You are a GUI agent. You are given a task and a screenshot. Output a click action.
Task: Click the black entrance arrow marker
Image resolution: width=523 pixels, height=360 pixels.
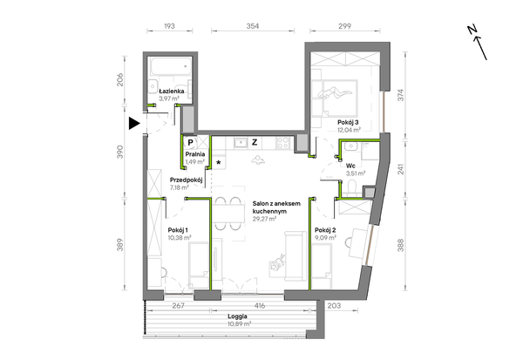(x=133, y=124)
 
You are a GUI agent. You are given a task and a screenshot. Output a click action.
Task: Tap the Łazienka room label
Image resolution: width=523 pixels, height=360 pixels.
(x=172, y=91)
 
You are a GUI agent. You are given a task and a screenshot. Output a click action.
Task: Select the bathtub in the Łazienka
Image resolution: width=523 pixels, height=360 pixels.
(x=171, y=67)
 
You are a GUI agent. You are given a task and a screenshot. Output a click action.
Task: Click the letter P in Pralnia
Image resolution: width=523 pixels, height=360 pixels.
(x=190, y=142)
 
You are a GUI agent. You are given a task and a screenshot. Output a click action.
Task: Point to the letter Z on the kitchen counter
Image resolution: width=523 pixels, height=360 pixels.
(x=255, y=142)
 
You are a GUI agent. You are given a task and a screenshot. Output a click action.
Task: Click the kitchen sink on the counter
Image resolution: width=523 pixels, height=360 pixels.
(x=241, y=143)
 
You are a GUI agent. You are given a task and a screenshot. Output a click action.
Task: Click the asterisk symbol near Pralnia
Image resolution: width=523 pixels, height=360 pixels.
(x=219, y=162)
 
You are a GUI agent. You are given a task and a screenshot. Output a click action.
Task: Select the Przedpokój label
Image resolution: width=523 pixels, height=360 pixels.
(x=187, y=180)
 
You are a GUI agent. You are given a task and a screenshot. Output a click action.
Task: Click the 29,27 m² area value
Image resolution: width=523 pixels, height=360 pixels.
(x=264, y=219)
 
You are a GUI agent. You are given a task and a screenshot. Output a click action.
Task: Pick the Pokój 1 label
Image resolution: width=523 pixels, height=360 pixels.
(x=178, y=230)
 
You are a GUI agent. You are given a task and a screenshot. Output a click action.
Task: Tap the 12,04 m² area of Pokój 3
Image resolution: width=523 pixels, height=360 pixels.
(x=349, y=130)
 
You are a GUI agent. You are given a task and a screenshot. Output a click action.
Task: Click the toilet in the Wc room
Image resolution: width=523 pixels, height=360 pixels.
(x=351, y=187)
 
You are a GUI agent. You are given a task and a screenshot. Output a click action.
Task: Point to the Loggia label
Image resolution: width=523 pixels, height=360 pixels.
(x=237, y=316)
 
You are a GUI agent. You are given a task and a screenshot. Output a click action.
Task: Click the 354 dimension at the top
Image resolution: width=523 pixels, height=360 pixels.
(x=253, y=26)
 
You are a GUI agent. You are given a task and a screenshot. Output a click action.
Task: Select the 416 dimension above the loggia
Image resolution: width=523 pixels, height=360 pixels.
(x=260, y=306)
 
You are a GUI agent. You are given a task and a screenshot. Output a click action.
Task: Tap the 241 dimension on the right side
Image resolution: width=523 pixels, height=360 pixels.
(x=401, y=169)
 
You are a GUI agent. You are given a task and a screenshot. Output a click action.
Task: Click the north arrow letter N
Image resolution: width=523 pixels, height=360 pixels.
(x=472, y=30)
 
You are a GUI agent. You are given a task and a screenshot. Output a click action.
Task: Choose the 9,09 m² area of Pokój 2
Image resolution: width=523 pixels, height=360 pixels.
(x=325, y=238)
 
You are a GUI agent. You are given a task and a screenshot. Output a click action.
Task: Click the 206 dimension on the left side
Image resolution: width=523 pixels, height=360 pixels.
(x=120, y=79)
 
